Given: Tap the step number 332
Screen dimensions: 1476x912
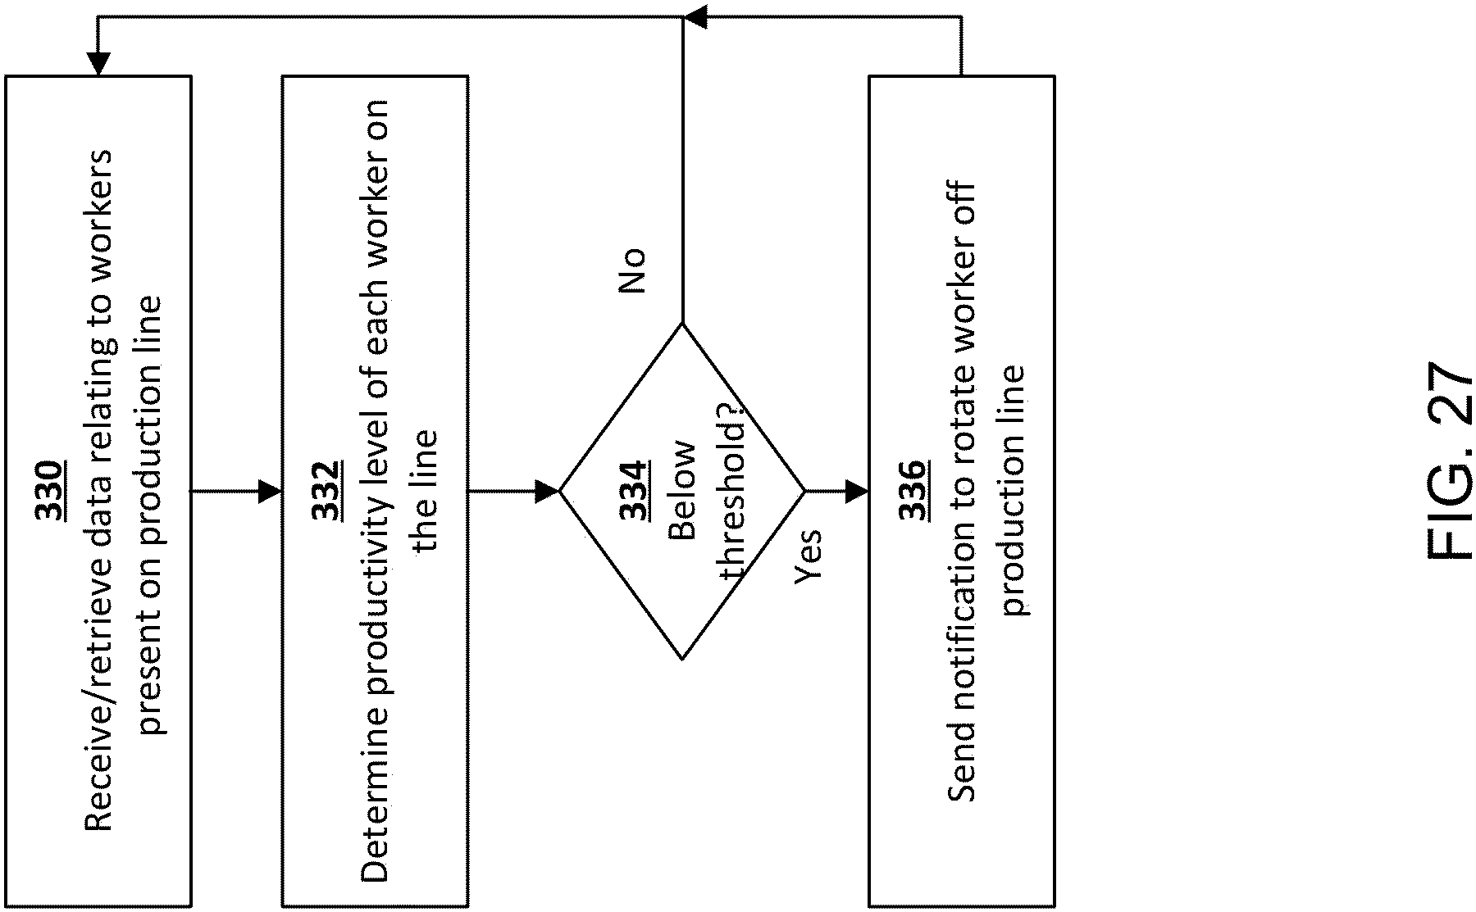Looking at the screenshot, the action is (326, 492).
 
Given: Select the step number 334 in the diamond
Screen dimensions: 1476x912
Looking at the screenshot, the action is (634, 492).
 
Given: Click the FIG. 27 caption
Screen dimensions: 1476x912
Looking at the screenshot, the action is (1449, 461).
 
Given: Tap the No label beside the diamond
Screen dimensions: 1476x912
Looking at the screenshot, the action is (631, 271).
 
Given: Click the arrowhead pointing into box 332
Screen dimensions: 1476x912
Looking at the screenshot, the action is (270, 492).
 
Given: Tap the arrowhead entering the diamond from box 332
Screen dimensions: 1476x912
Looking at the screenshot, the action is (547, 492).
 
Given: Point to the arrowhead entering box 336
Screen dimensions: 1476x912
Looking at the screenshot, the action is (857, 492).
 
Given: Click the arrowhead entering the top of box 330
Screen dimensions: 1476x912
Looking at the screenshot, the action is (98, 64).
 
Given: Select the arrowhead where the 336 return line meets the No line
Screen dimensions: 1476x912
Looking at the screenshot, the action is (695, 17).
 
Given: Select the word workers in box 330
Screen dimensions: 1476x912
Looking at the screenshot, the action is (98, 209).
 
